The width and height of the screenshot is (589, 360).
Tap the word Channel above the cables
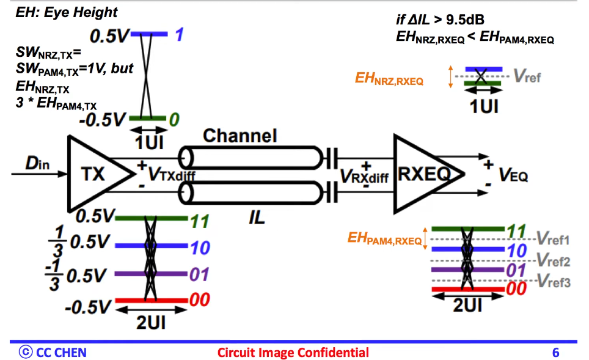[240, 136]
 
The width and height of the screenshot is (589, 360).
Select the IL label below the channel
[258, 216]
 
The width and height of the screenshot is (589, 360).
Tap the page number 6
[555, 352]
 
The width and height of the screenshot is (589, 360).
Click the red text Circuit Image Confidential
[293, 352]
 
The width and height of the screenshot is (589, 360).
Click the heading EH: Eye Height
[67, 12]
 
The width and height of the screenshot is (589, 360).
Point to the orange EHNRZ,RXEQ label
[389, 79]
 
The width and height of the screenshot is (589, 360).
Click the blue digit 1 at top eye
[179, 36]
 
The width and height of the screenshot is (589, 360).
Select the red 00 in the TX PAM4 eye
[200, 299]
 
